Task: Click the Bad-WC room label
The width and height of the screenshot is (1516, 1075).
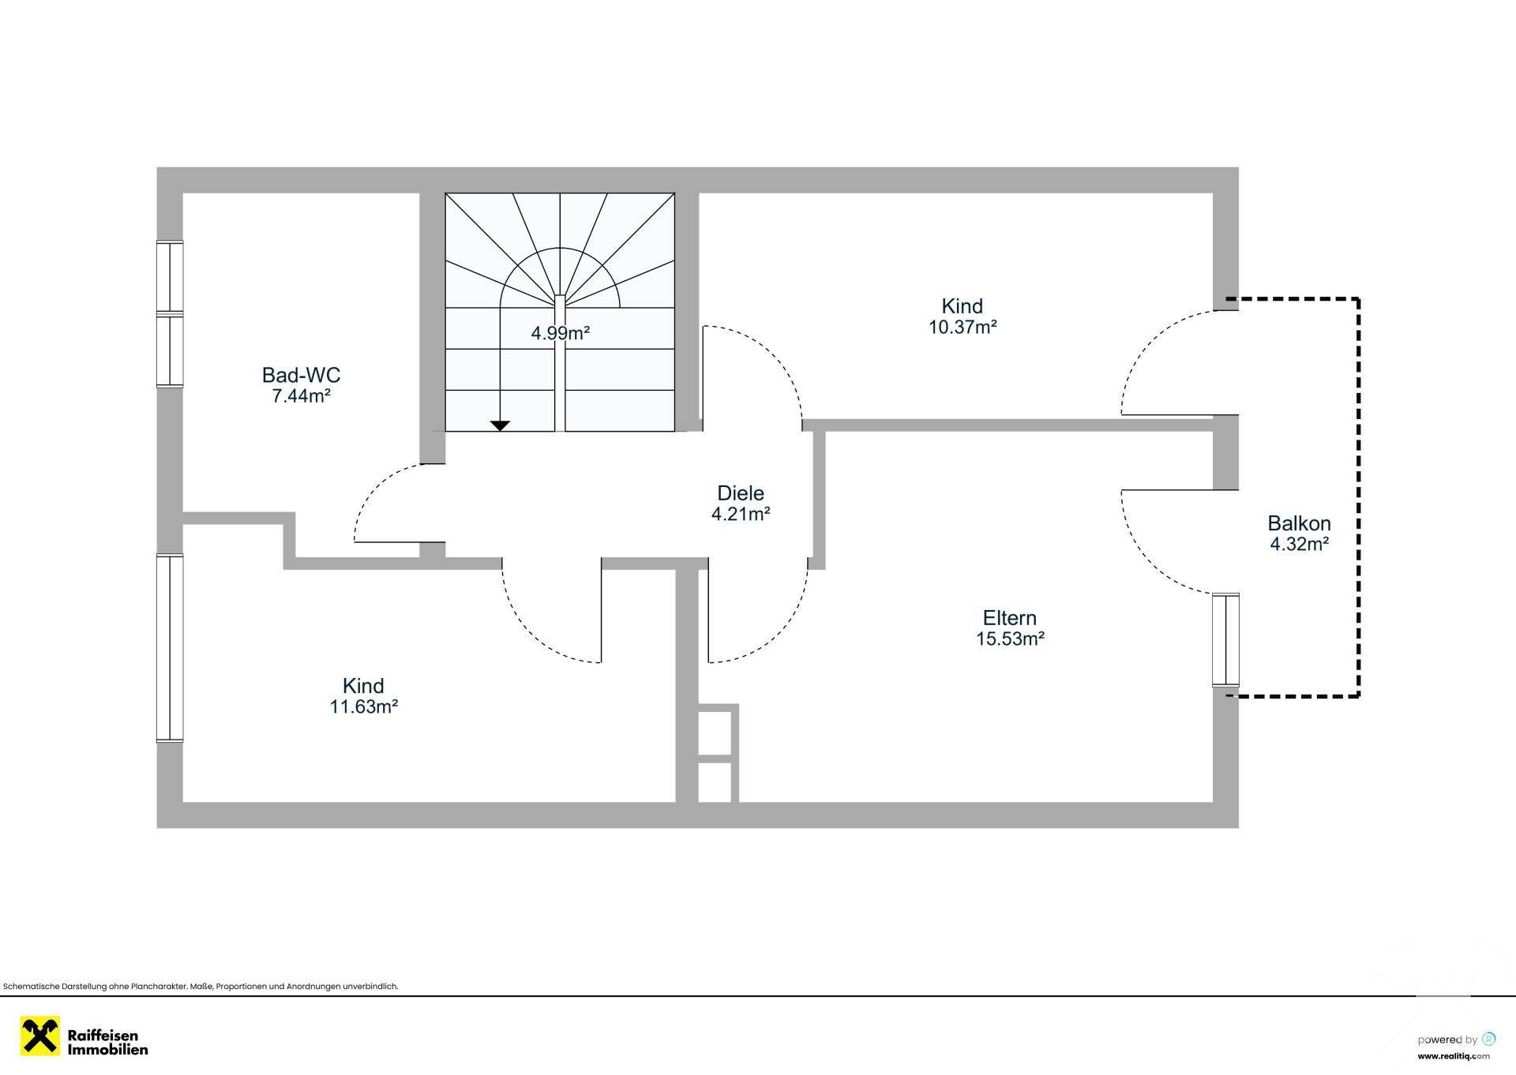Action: coord(301,375)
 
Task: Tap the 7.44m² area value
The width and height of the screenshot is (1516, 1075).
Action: coord(301,396)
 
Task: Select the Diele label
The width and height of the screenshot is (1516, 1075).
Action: coord(741,493)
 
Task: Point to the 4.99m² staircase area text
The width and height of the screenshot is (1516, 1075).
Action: coord(561,333)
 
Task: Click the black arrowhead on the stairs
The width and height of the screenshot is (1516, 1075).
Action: coord(500,425)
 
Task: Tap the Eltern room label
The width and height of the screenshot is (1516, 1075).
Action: coord(1010,618)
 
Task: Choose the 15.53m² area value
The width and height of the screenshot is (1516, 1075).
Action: coord(1010,639)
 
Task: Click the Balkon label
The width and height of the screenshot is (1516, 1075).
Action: coord(1299,523)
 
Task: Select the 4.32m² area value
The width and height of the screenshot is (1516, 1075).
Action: coord(1299,544)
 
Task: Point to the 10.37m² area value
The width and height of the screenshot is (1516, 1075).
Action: coord(963,327)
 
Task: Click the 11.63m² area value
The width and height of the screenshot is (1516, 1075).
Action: coord(363,706)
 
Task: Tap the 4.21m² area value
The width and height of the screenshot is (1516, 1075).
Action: coord(741,514)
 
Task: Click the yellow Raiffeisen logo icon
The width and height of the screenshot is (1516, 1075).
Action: coord(40,1036)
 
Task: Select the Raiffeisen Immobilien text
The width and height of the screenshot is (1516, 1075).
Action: coord(107,1043)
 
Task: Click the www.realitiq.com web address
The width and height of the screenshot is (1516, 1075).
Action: coord(1454,1056)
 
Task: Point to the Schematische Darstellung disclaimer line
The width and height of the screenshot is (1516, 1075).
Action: coord(201,987)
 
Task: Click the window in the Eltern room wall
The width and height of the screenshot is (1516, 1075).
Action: coord(1225,640)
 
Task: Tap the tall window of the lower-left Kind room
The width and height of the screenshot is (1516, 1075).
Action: coord(170,648)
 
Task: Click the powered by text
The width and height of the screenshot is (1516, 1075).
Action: coord(1447,1039)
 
